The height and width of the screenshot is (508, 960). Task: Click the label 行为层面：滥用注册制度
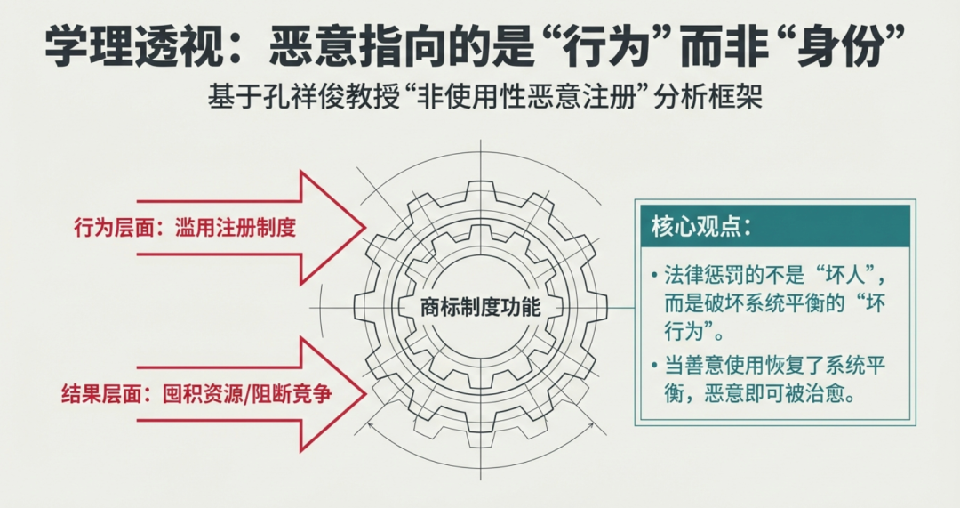(185, 228)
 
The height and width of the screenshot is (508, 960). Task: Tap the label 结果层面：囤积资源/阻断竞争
(196, 393)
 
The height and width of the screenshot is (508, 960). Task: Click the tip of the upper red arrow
(365, 228)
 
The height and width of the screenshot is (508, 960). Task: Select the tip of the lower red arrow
(366, 393)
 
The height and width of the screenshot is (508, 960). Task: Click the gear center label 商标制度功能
(480, 306)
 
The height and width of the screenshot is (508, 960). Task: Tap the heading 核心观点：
(702, 227)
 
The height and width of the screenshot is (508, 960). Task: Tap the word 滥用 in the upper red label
(196, 228)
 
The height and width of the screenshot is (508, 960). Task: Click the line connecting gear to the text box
(620, 307)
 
